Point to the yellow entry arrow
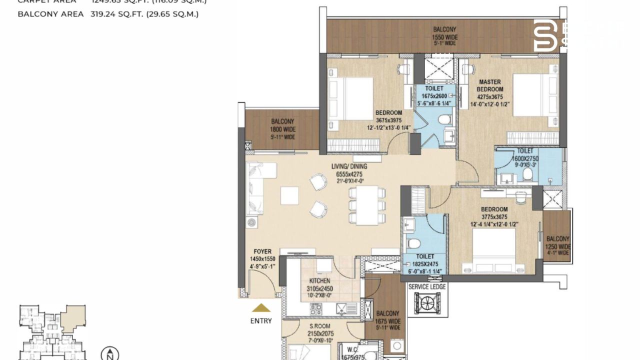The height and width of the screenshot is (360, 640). [x=261, y=308]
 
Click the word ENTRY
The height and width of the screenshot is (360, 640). [x=261, y=321]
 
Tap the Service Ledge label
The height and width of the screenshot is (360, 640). [x=427, y=287]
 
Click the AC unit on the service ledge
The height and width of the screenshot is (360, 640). [x=427, y=303]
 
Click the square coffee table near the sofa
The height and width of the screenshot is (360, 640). [x=289, y=195]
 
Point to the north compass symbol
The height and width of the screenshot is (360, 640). [x=109, y=353]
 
